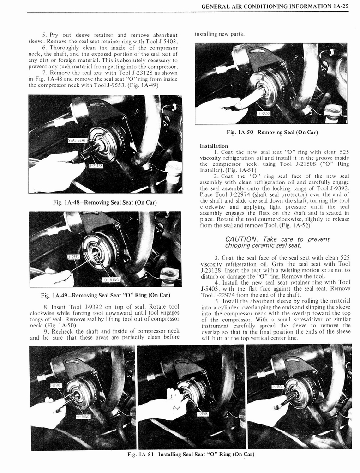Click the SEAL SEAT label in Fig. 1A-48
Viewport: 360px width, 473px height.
[78, 141]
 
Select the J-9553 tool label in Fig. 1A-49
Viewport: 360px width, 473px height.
[73, 256]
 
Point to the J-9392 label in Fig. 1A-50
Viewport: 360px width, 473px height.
[264, 114]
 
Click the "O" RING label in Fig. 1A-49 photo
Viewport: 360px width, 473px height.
[110, 279]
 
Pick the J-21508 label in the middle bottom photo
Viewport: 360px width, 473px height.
[202, 414]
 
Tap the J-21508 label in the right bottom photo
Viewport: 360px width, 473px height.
[277, 386]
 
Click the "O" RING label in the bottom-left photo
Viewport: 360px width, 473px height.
[83, 417]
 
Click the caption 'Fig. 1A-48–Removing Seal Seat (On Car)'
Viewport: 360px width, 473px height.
[105, 202]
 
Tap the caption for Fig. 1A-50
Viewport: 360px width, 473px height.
[272, 133]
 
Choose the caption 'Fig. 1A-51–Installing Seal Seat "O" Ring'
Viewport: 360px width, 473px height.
[191, 455]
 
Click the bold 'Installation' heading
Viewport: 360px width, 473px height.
[214, 146]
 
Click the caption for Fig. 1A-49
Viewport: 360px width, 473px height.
[105, 295]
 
